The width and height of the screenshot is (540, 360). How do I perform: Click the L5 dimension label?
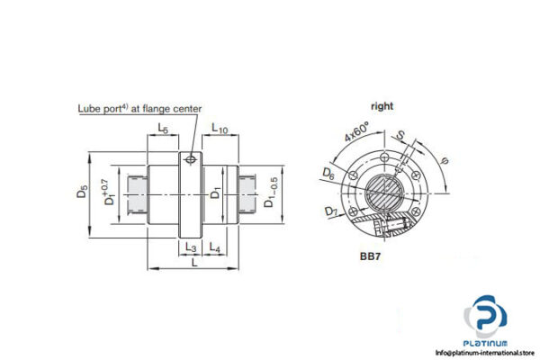pos(162,130)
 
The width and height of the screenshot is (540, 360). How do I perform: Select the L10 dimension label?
pos(221,130)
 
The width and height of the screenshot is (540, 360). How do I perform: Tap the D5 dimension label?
pos(83,190)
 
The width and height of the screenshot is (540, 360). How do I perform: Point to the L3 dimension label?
pos(190,247)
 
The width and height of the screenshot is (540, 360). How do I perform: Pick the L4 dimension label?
pos(214,247)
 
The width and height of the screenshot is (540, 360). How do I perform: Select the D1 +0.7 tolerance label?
pos(108,191)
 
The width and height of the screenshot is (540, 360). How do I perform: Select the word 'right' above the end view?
pos(382,106)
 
